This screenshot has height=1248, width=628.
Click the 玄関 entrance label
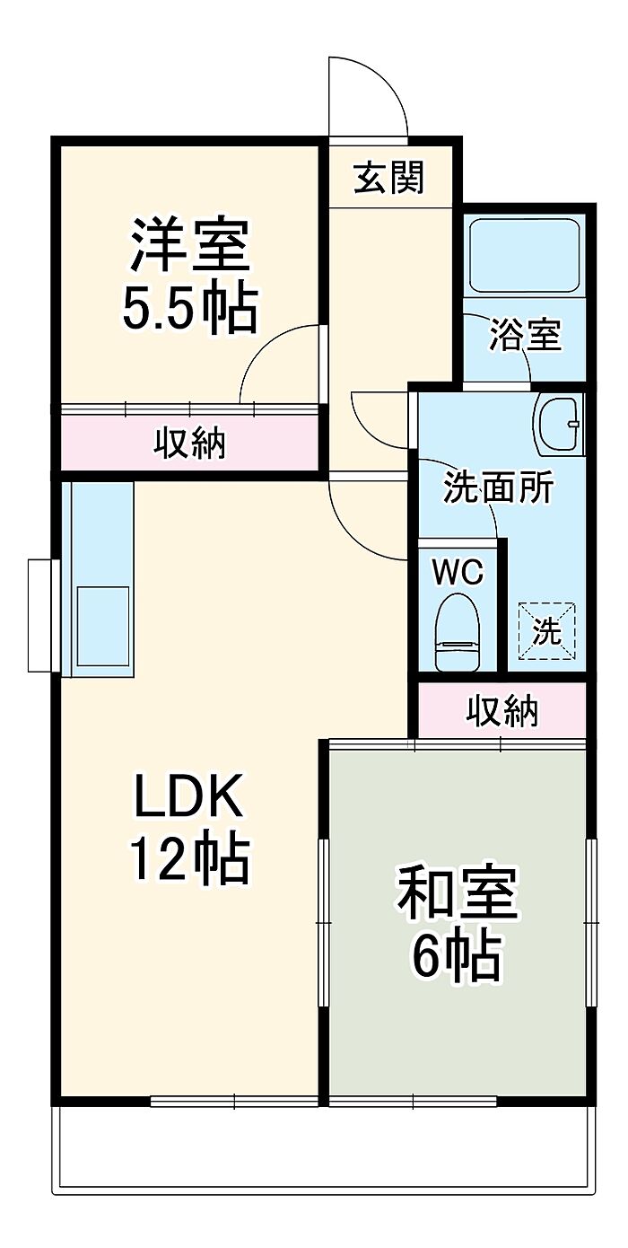(x=388, y=178)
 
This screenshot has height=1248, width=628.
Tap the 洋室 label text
(x=189, y=244)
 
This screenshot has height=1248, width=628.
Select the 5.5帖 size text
(x=189, y=308)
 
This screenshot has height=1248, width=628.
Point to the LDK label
(x=188, y=795)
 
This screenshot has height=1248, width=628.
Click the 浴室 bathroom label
(x=525, y=334)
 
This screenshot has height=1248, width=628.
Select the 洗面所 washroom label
(x=499, y=489)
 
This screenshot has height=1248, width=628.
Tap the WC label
(x=458, y=572)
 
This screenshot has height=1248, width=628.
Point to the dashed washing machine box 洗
(x=546, y=630)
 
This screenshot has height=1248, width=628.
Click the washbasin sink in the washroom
(x=558, y=424)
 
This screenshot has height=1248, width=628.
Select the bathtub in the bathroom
(x=525, y=255)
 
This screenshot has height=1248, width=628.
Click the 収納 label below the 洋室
(x=190, y=443)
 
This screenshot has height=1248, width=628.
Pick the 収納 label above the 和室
(x=502, y=710)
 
